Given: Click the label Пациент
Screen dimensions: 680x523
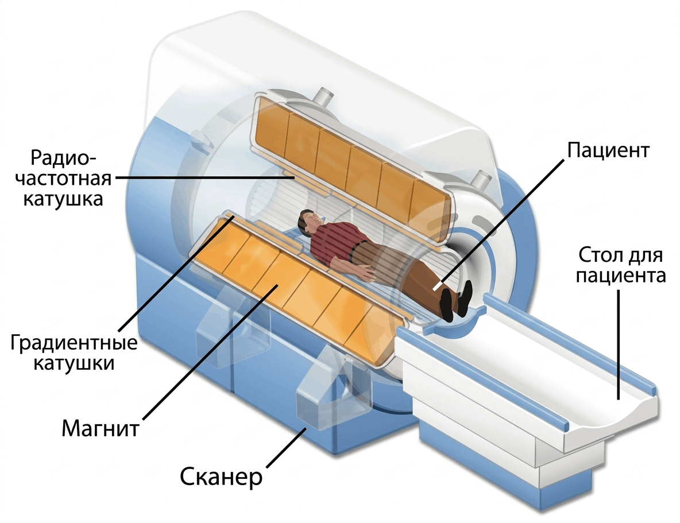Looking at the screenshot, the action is tap(608, 150).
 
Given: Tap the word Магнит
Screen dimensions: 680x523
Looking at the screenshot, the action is tap(100, 428).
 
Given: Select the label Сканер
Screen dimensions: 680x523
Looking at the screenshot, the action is tap(221, 476).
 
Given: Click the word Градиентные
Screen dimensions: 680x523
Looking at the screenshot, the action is tap(74, 343).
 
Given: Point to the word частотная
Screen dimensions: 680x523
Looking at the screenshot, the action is tap(63, 178).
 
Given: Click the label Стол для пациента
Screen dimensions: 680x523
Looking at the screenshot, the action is tap(621, 265).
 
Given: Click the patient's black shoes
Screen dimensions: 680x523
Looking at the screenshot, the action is tap(455, 300).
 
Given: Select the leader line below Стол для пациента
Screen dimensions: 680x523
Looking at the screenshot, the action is tap(618, 345).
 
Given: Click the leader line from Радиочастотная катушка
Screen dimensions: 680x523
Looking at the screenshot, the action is tap(204, 178).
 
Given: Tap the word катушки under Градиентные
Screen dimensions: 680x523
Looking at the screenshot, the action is tap(74, 363).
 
